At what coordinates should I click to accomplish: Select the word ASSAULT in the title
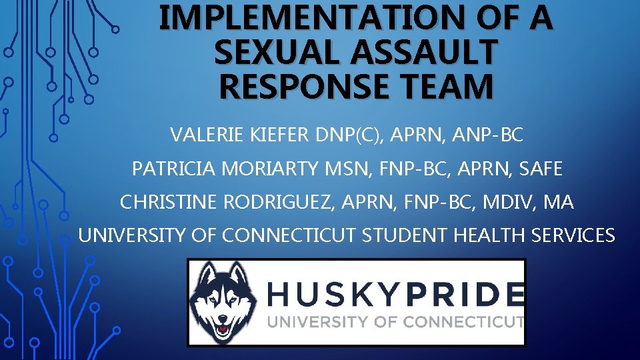[x=423, y=52]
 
